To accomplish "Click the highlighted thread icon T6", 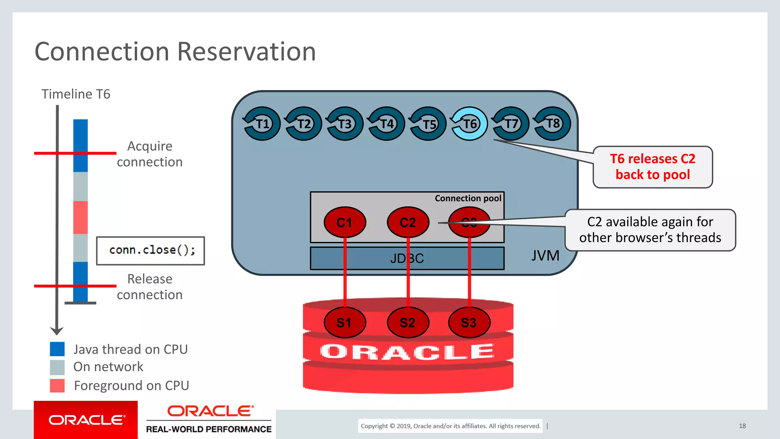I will (469, 124).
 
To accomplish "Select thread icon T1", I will (262, 124).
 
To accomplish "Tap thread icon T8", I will (552, 124).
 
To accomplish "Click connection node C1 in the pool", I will (345, 222).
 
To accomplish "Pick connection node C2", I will (408, 222).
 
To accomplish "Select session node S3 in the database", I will (469, 323).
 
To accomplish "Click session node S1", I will (345, 323).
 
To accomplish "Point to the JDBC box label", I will (407, 258).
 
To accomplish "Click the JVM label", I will (545, 256).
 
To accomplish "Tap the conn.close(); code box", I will (150, 250).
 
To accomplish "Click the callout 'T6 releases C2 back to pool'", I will (652, 167).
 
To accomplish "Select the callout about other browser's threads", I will (650, 230).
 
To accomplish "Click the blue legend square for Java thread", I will (57, 349).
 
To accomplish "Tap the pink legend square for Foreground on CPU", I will (57, 386).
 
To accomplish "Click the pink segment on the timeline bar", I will (80, 217).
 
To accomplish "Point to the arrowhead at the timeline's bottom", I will (57, 330).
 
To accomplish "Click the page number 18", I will (742, 426).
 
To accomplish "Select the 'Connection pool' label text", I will (468, 198).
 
